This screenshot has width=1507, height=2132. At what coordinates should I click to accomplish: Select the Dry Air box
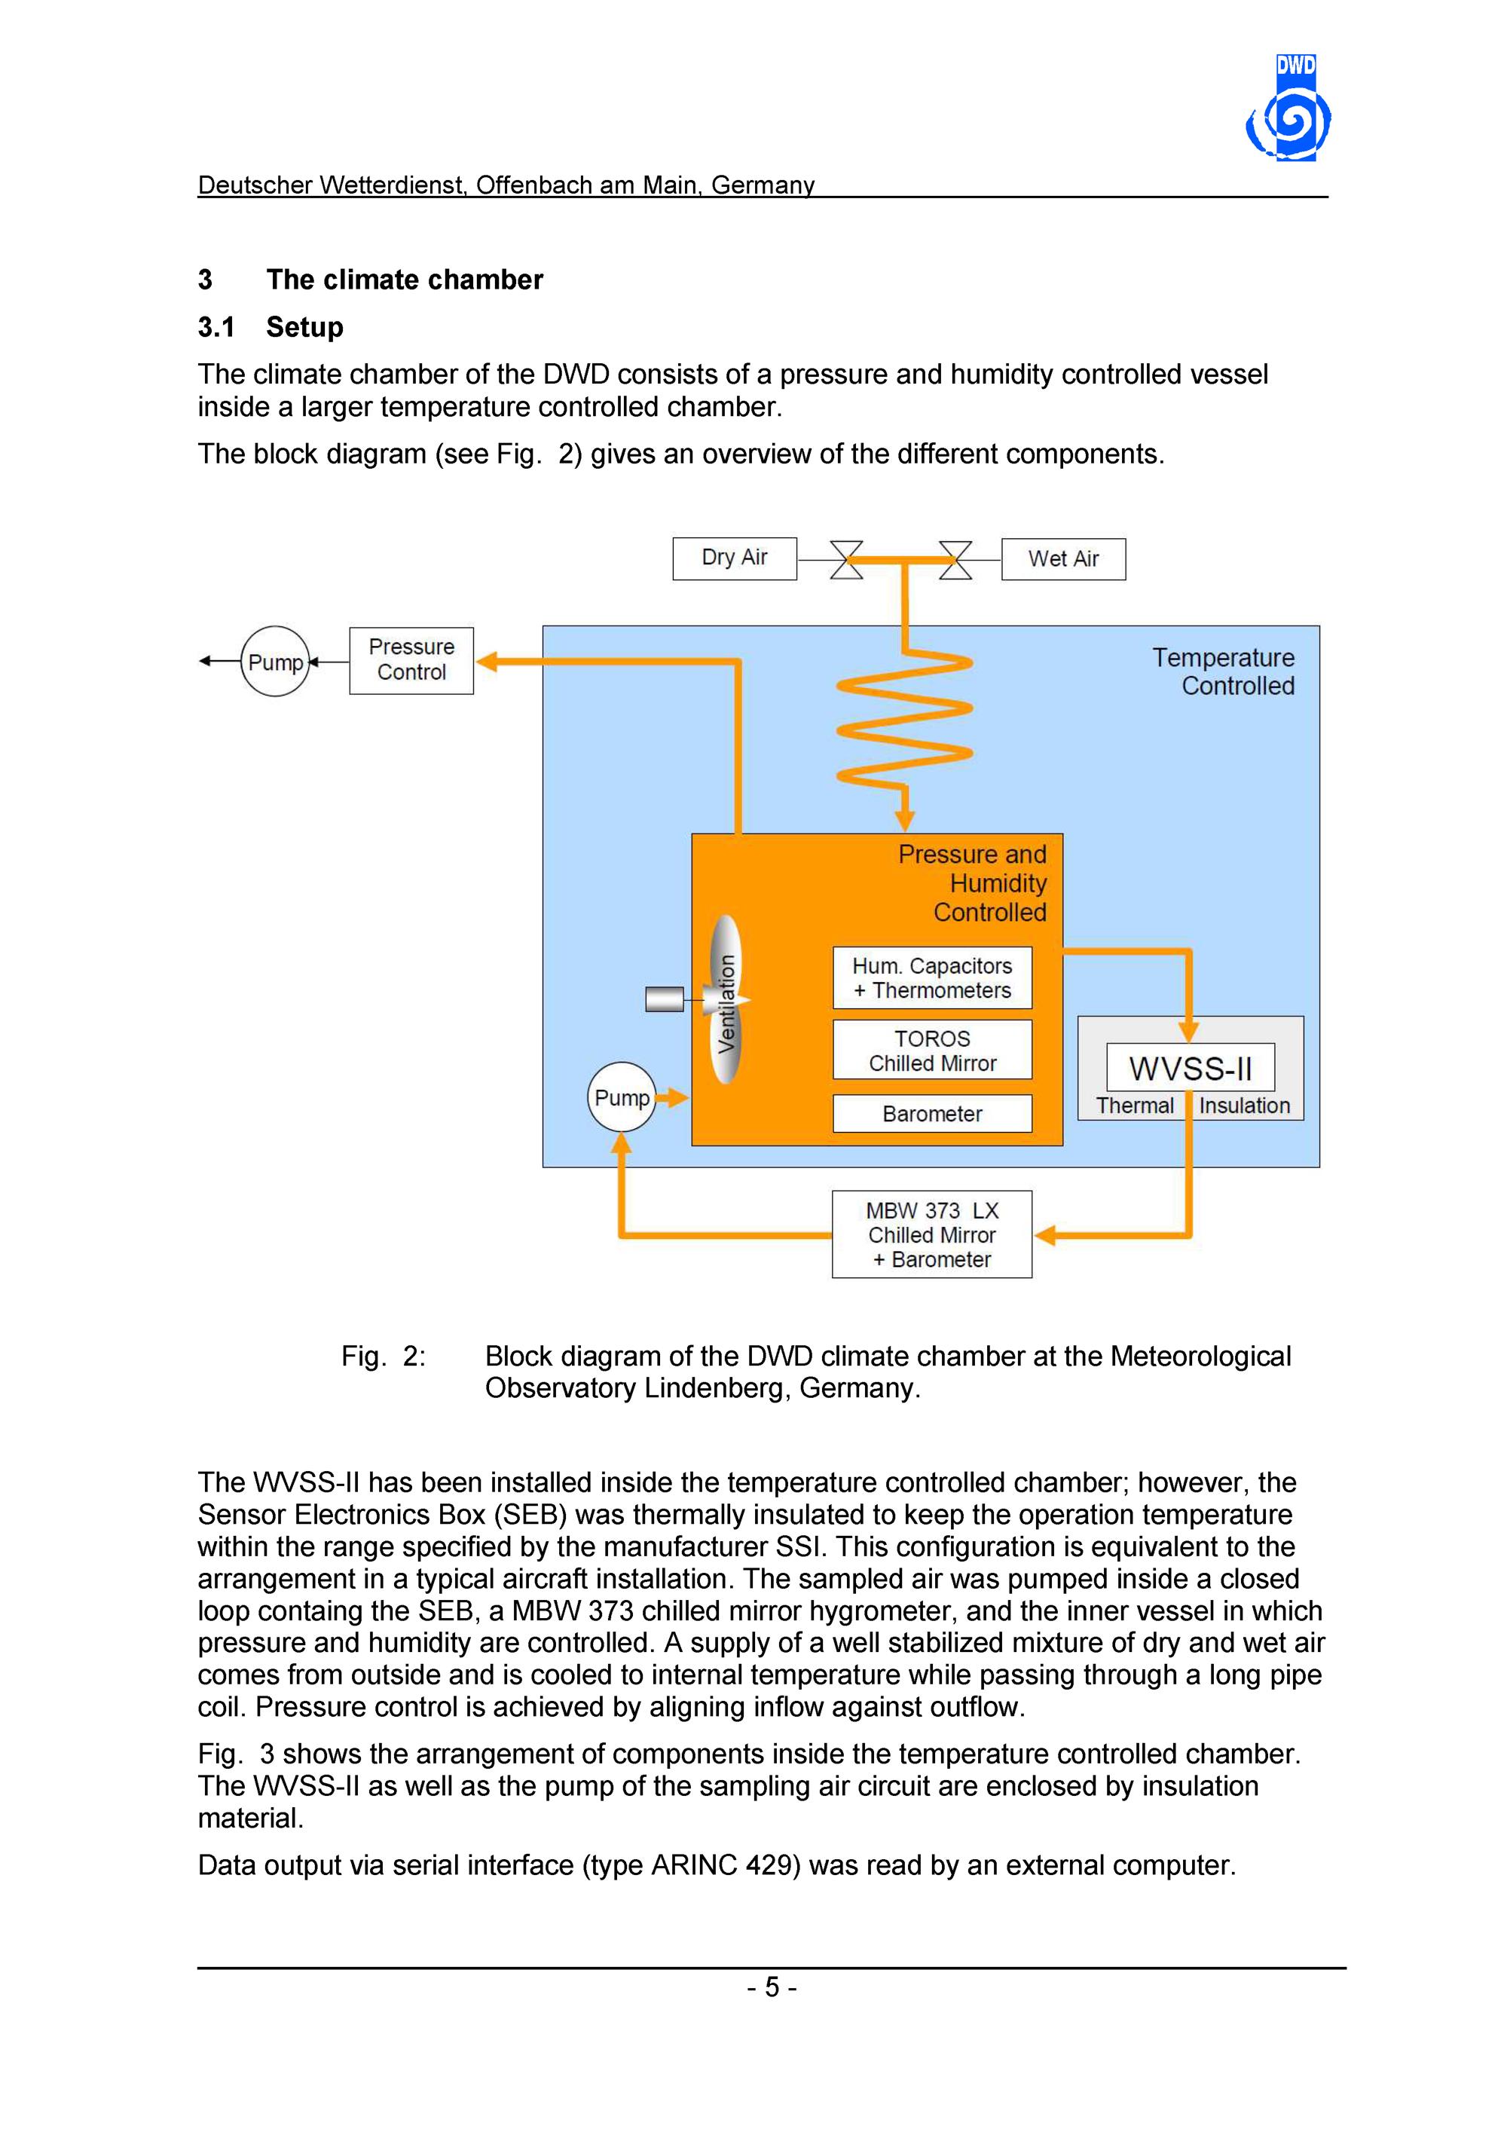(735, 558)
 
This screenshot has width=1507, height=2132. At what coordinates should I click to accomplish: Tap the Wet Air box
(1063, 559)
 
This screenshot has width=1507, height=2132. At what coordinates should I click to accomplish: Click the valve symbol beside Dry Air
(846, 560)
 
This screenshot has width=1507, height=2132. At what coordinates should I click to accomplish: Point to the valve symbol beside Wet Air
(955, 560)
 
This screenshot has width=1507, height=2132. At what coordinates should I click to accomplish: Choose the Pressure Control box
(411, 660)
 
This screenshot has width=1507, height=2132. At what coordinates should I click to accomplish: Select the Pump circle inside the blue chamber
(621, 1097)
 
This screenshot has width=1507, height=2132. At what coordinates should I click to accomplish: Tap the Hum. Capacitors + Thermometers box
(932, 977)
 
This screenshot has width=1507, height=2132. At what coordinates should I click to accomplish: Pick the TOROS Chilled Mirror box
(932, 1051)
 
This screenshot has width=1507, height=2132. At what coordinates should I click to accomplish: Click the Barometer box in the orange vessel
(932, 1113)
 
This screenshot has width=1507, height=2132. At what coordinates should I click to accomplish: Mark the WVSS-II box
(1191, 1068)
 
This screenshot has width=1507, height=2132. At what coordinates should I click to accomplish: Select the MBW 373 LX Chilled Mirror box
(932, 1234)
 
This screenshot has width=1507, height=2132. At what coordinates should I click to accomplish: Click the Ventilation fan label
(727, 1003)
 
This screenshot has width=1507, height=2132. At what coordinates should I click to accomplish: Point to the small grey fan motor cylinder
(665, 999)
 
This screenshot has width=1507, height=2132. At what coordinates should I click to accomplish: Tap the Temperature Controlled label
(1223, 671)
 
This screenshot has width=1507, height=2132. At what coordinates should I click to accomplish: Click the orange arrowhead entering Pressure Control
(488, 661)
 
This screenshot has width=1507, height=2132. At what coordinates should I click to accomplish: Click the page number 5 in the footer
(772, 1987)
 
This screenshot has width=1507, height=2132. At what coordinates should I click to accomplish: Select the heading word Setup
(304, 327)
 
